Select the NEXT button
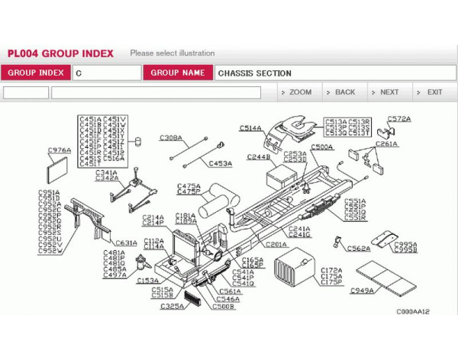coord(384,92)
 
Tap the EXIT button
coord(430,92)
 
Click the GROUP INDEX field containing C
coord(106,73)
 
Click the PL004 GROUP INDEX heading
coord(60,53)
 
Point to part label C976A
coord(59,150)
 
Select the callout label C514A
coord(250,128)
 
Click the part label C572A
coord(398,119)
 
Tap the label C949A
coord(362,291)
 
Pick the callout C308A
coord(170,138)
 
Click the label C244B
coord(258,156)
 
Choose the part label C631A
coord(126,243)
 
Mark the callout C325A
coord(172,306)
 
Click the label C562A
coord(359,248)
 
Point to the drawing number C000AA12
coord(412,311)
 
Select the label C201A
coord(276,244)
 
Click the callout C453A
coord(221,163)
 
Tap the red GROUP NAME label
coord(177,73)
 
